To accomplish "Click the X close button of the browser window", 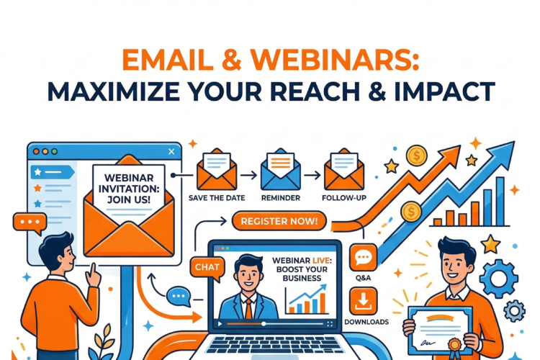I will coord(171,152).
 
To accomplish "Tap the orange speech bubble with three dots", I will coord(31,224).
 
